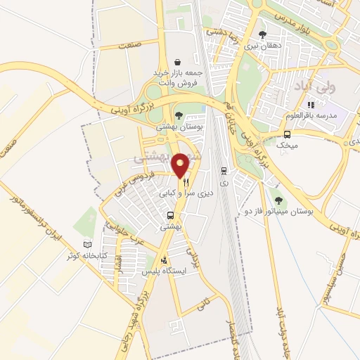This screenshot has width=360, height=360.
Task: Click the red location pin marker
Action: pyautogui.click(x=181, y=165)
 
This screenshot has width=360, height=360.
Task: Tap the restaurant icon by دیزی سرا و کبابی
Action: pyautogui.click(x=186, y=181)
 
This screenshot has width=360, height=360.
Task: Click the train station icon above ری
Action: pyautogui.click(x=224, y=170)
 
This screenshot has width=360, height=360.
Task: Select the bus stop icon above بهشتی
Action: pyautogui.click(x=170, y=216)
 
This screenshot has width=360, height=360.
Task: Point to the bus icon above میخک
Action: pyautogui.click(x=287, y=134)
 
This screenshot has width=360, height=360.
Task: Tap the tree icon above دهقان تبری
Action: pyautogui.click(x=262, y=34)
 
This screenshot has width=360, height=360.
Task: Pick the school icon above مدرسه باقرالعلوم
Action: pyautogui.click(x=310, y=105)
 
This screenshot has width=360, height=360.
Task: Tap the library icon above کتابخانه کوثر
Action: pyautogui.click(x=87, y=245)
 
